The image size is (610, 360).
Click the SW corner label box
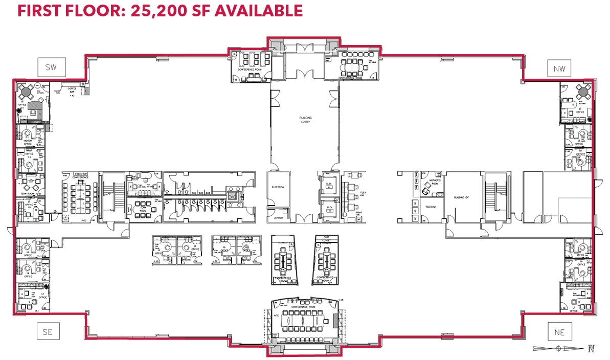[x=51, y=67]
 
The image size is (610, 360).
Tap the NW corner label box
[x=559, y=68]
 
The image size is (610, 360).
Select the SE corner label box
[x=48, y=332]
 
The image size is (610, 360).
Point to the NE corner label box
[x=559, y=332]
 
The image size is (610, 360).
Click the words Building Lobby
[x=305, y=120]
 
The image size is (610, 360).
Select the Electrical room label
[x=278, y=187]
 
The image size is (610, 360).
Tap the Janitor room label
[x=278, y=217]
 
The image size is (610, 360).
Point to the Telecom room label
[x=430, y=207]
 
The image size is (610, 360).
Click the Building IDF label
[x=462, y=197]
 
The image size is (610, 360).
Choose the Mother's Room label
[x=435, y=182]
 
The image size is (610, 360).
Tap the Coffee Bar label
[x=69, y=91]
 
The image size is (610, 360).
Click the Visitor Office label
[x=29, y=143]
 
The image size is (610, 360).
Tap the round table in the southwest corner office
[x=25, y=93]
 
